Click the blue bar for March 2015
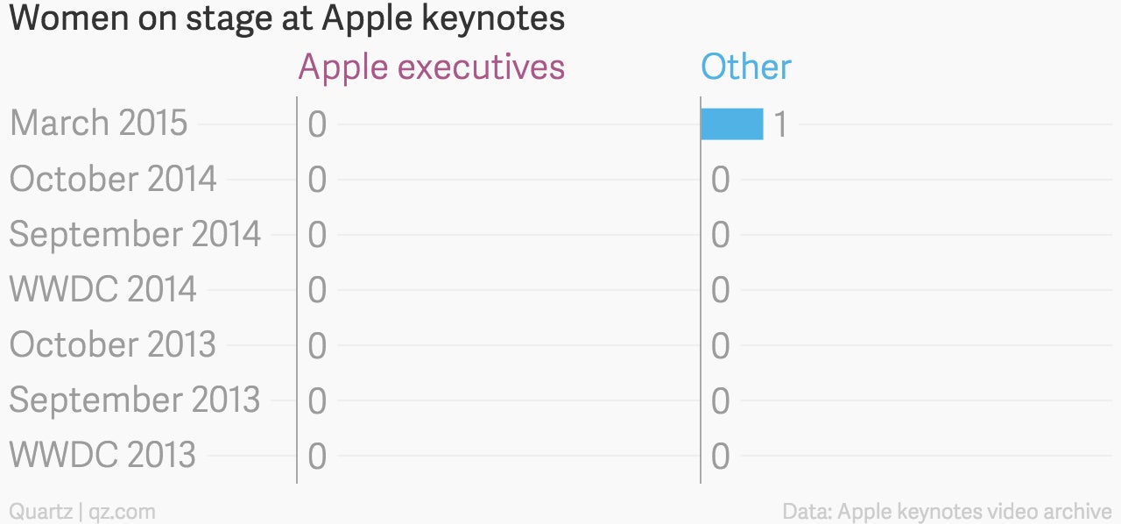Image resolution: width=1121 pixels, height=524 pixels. click(x=732, y=124)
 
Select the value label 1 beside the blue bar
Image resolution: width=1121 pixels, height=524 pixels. click(x=780, y=124)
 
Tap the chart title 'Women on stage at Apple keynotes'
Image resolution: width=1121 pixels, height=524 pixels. click(x=286, y=19)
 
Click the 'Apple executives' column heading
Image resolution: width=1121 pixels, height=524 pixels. click(x=432, y=67)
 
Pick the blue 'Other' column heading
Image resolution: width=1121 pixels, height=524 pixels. click(x=746, y=67)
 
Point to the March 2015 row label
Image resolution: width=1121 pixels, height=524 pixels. click(x=99, y=123)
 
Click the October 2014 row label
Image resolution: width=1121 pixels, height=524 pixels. click(x=113, y=179)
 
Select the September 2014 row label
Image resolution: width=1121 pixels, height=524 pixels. click(x=135, y=234)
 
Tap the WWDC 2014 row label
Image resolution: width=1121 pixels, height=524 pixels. click(x=102, y=289)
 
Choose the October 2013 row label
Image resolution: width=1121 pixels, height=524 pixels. click(x=113, y=344)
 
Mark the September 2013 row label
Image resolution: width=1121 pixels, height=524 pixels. click(x=135, y=400)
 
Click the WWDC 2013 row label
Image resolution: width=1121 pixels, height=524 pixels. click(x=102, y=455)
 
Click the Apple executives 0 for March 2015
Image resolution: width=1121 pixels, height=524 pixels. click(x=317, y=124)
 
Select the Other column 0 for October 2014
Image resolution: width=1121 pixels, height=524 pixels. click(x=721, y=180)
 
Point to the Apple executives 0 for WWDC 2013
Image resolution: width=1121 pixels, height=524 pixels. click(x=317, y=457)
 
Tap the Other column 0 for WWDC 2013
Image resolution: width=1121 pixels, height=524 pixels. click(x=721, y=457)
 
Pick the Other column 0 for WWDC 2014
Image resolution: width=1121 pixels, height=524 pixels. click(x=721, y=290)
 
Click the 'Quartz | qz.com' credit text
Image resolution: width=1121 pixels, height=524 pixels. click(x=82, y=512)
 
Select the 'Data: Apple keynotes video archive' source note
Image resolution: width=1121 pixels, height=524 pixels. click(x=947, y=512)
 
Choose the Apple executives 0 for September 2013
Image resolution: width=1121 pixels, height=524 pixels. click(x=317, y=400)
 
